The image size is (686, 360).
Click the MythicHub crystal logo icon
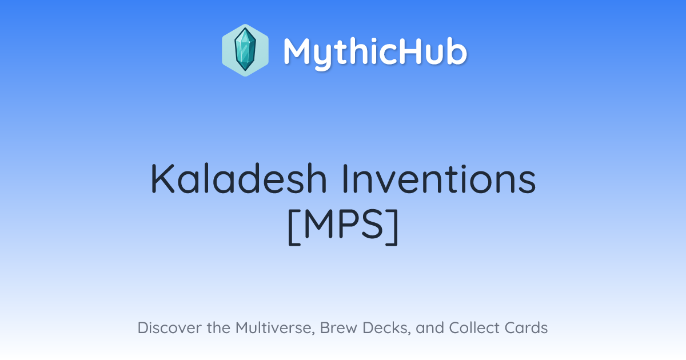245,50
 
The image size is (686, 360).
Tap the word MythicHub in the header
375,53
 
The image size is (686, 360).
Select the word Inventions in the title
439,179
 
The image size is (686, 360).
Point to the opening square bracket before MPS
294,227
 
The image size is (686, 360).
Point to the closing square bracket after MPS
392,227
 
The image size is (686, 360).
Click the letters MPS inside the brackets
344,225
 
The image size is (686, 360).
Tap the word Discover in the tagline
170,327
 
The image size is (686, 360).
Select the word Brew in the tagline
338,327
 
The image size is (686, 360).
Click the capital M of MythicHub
299,51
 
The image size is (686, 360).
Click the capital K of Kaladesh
162,179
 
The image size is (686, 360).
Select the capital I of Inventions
345,179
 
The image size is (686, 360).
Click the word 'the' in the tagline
218,327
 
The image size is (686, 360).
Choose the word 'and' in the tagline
430,327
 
